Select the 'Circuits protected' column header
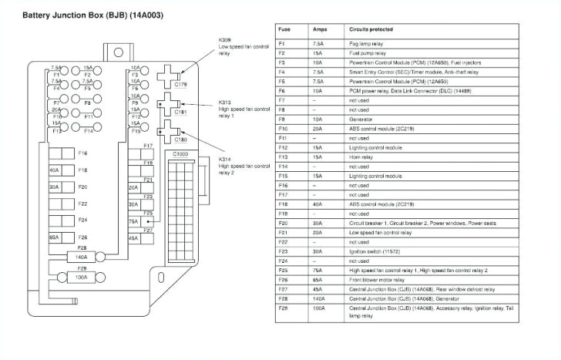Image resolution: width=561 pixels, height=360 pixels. [x=371, y=29]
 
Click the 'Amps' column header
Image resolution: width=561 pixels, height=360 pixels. [x=319, y=29]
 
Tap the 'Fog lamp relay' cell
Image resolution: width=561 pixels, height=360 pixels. [x=366, y=45]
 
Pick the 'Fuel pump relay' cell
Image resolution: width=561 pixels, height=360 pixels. [x=368, y=53]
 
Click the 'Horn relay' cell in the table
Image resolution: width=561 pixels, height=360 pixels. [x=362, y=157]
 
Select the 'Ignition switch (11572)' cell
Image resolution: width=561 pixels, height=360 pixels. [x=374, y=251]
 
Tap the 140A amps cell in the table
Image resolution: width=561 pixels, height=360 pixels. [x=319, y=298]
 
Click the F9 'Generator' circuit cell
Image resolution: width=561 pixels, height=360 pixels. [x=361, y=119]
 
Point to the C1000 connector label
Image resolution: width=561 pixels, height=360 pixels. [x=180, y=154]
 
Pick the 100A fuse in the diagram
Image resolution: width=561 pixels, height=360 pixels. [x=80, y=274]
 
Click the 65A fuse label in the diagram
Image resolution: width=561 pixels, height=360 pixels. [x=54, y=237]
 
